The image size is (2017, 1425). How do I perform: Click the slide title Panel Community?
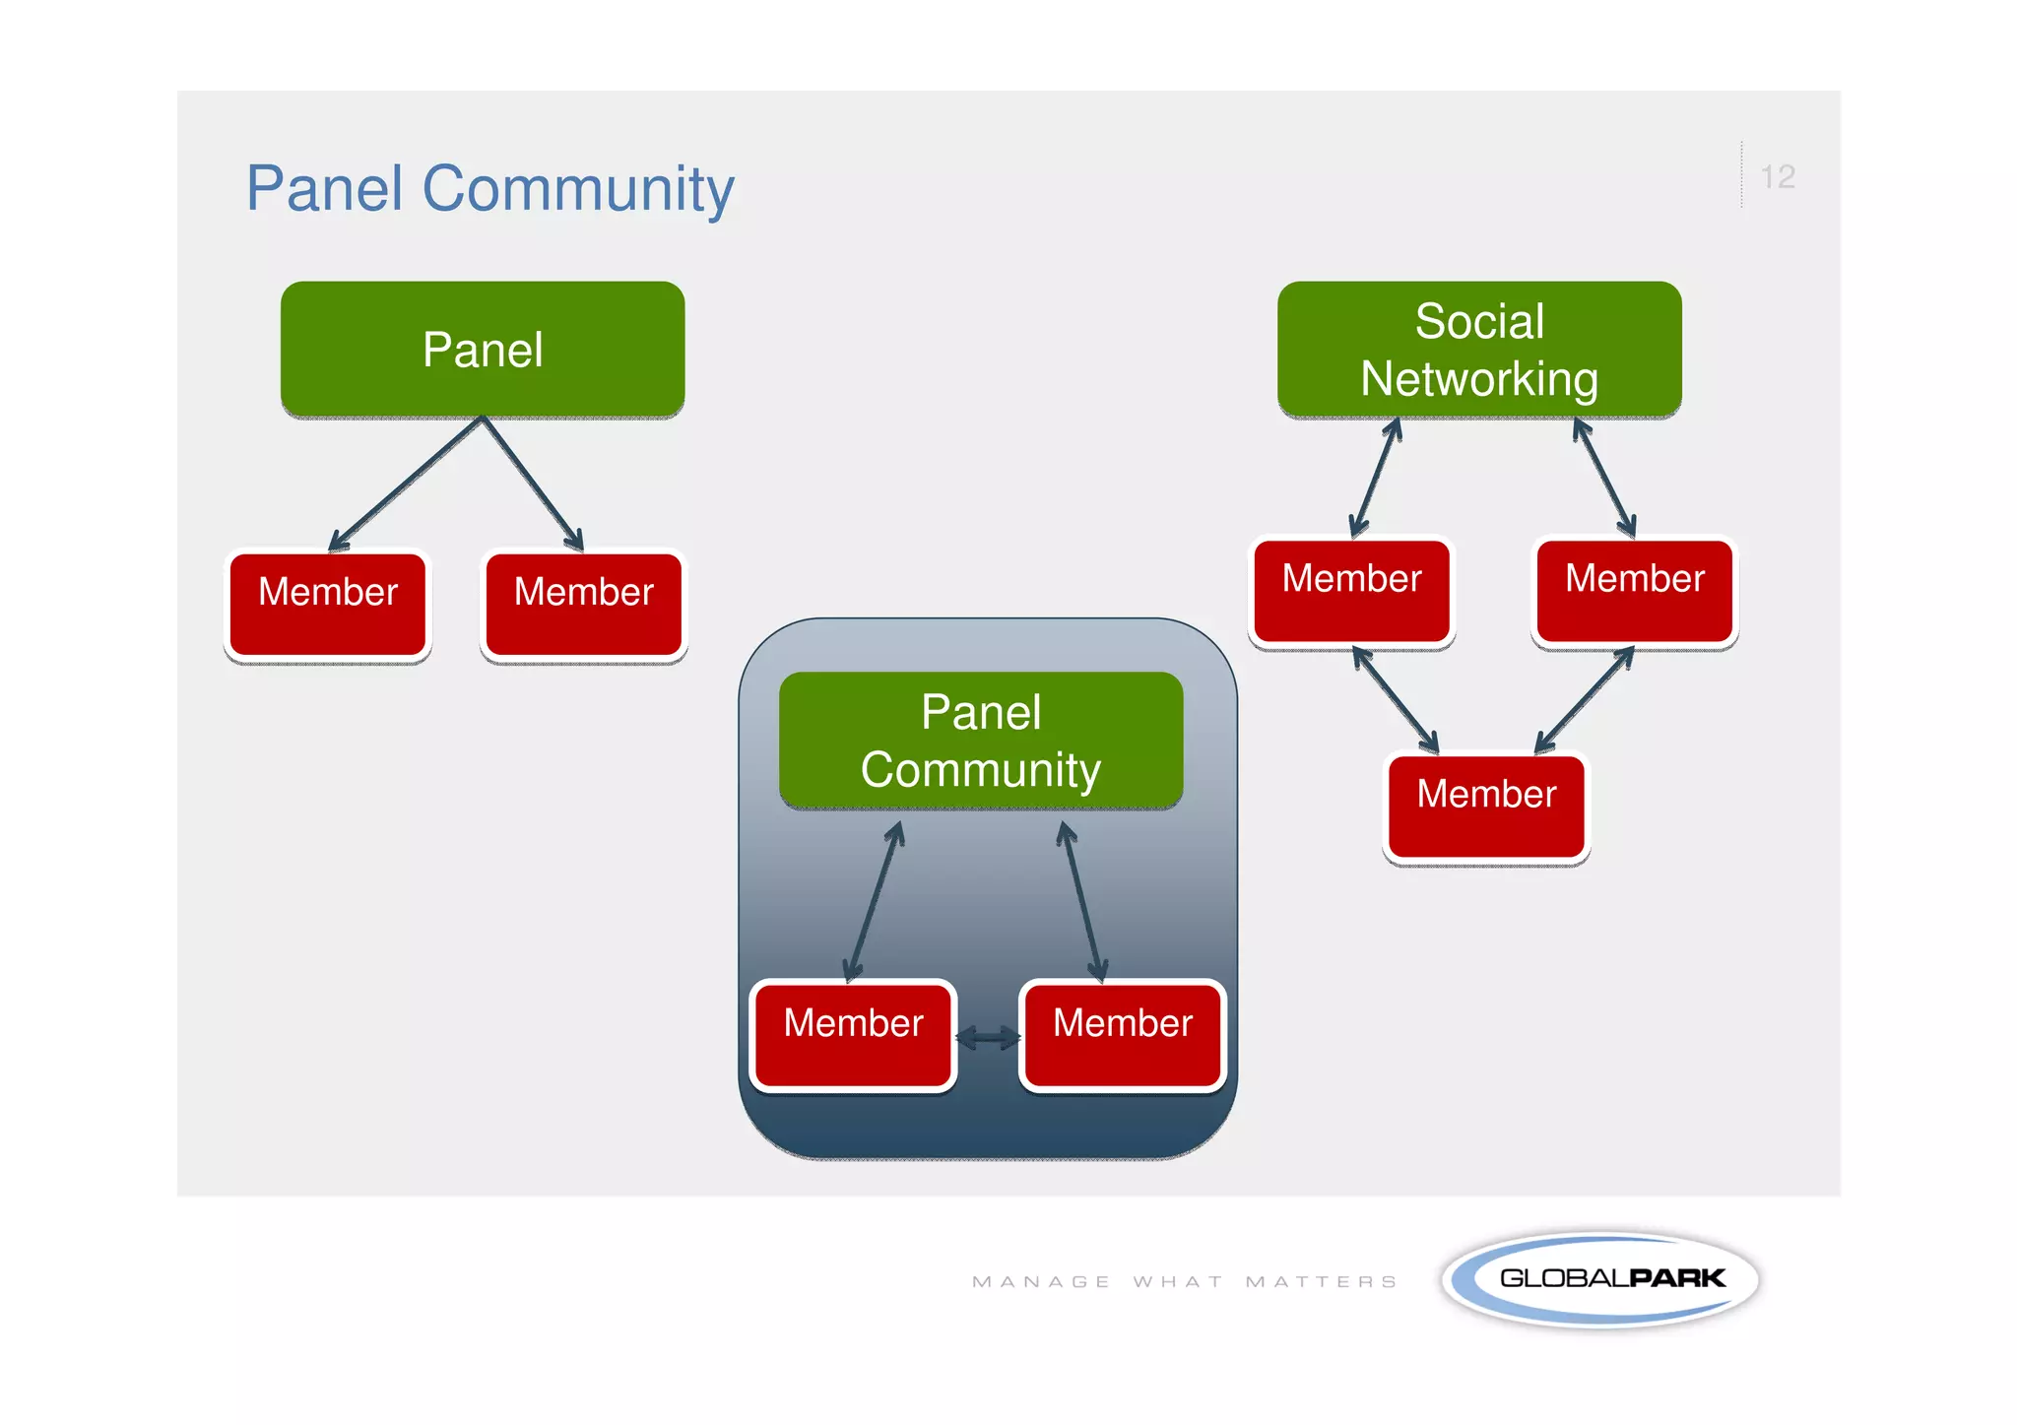coord(489,188)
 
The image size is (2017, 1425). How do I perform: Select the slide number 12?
coord(1777,177)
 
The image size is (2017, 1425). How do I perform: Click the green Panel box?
coord(483,350)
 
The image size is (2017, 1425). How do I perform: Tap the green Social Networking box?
coord(1479,350)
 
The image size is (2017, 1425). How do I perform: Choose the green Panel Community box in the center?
coord(981,741)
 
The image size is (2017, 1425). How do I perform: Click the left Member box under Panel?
coord(328,604)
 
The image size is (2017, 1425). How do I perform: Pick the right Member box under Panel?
coord(584,604)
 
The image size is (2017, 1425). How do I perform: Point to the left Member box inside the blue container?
coord(853,1034)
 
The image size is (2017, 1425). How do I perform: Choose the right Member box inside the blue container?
coord(1123,1034)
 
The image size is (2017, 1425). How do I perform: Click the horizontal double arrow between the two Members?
coord(988,1037)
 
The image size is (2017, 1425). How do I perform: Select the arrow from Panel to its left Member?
coord(406,484)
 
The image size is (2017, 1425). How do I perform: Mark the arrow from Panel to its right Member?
coord(533,484)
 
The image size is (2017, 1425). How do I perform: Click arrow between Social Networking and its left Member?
coord(1376,478)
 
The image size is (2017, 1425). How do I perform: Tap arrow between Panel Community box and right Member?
coord(1082,901)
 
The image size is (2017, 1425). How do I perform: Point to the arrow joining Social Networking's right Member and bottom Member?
coord(1585,700)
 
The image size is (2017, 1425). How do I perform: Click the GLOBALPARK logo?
coord(1600,1279)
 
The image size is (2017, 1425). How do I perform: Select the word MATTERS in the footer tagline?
coord(1321,1281)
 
